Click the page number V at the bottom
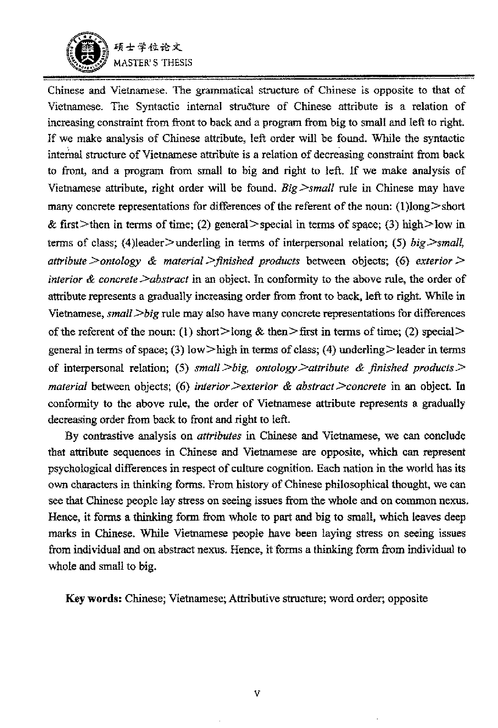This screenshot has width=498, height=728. click(x=257, y=693)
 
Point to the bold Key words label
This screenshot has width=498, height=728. click(x=94, y=598)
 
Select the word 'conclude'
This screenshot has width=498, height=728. click(x=443, y=436)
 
